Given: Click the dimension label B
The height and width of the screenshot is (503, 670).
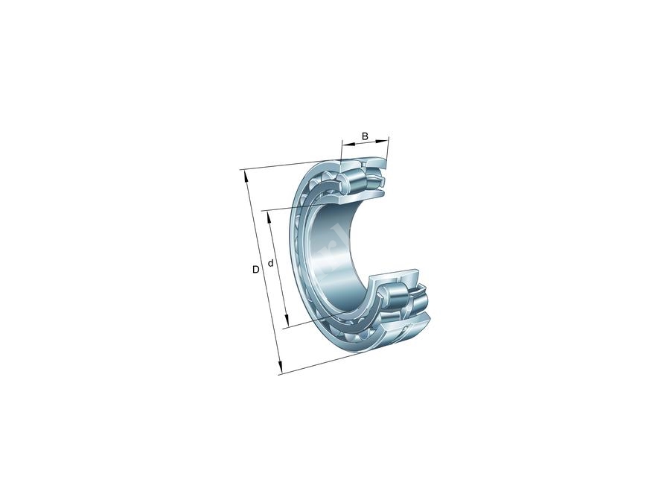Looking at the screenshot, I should [x=365, y=136].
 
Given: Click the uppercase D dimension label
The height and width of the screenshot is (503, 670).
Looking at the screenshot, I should [x=255, y=269].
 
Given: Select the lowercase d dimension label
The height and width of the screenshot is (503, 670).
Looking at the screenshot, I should [x=271, y=263].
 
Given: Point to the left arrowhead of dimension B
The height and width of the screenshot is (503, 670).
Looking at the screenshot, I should [x=345, y=142].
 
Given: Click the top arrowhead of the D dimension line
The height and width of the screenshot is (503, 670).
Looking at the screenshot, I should [x=243, y=174].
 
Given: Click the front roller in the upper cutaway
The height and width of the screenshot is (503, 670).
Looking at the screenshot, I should [x=351, y=182].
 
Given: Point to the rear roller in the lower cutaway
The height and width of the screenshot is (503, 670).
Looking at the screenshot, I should [x=418, y=299].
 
